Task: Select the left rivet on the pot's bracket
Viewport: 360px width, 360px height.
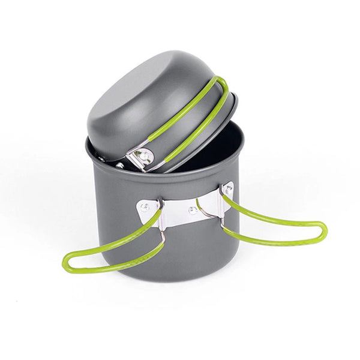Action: tap(144, 207)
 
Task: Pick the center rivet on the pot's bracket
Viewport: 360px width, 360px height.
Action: tap(191, 210)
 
